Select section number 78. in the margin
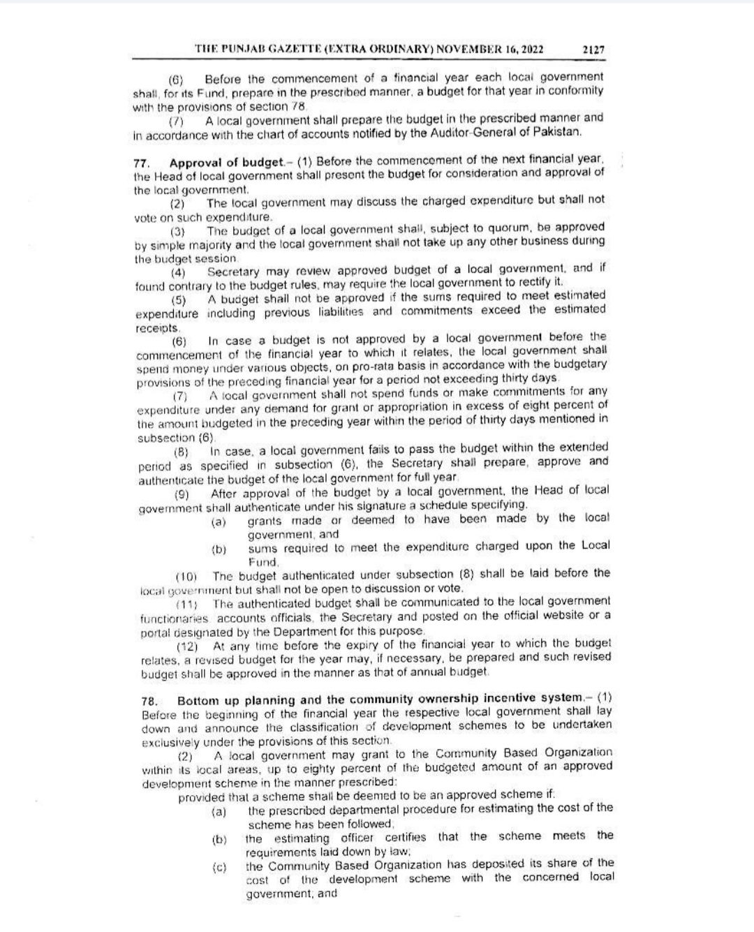coord(149,700)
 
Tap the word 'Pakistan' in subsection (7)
coord(558,131)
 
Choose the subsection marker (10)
coord(186,577)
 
